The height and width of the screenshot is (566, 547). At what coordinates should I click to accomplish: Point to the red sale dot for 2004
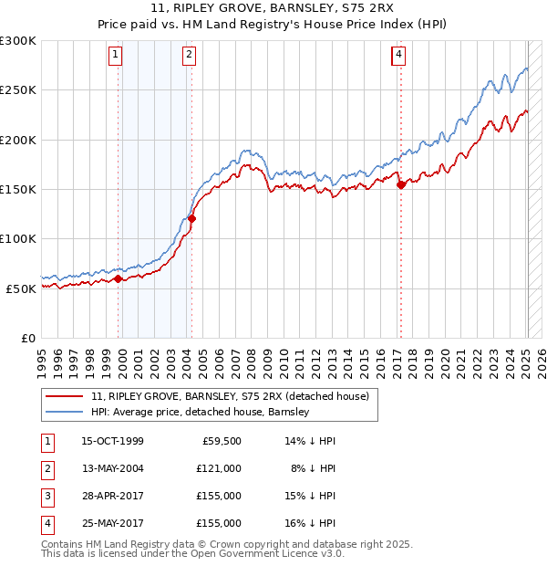click(x=191, y=218)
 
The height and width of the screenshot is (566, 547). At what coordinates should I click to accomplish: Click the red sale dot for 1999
click(x=119, y=279)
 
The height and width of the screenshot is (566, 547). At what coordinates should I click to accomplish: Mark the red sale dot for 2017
click(x=401, y=184)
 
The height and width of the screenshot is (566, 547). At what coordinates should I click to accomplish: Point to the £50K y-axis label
click(x=21, y=288)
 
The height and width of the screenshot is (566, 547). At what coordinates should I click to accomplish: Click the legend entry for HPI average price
click(x=201, y=412)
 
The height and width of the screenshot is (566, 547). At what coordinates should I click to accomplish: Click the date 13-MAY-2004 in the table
click(x=112, y=468)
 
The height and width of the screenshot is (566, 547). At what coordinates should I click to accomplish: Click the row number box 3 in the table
click(x=46, y=496)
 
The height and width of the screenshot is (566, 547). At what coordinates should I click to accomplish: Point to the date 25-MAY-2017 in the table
click(x=112, y=523)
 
